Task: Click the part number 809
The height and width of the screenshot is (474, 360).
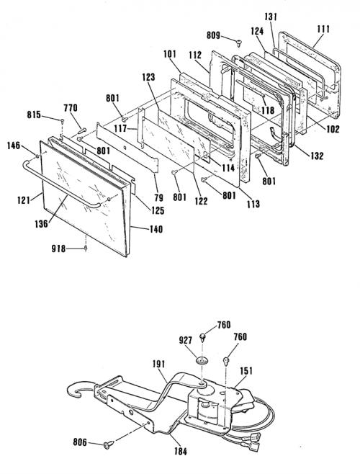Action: click(x=213, y=35)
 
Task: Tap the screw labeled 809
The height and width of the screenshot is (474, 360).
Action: click(x=239, y=43)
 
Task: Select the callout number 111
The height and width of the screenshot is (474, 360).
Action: click(x=323, y=30)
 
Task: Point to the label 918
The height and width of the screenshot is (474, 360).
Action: click(x=58, y=249)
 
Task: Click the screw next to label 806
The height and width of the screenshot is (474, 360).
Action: click(x=109, y=444)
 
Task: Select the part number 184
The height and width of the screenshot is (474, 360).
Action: click(x=181, y=452)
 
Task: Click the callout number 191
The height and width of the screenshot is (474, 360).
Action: click(x=158, y=364)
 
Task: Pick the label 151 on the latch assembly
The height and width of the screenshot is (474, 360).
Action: click(x=246, y=370)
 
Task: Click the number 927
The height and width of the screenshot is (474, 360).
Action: click(x=185, y=340)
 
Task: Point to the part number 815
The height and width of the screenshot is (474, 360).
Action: click(x=34, y=115)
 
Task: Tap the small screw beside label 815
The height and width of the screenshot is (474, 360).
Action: click(x=62, y=122)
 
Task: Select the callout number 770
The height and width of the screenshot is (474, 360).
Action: click(x=71, y=107)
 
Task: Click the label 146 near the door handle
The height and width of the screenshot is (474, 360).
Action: click(x=14, y=146)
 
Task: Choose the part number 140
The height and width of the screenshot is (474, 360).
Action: click(x=156, y=229)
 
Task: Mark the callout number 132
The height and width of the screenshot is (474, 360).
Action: click(x=317, y=156)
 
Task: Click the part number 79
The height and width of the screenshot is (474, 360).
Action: click(x=158, y=197)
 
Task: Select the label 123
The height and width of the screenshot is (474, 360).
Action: click(x=148, y=77)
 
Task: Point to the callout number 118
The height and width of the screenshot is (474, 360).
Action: click(x=268, y=110)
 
